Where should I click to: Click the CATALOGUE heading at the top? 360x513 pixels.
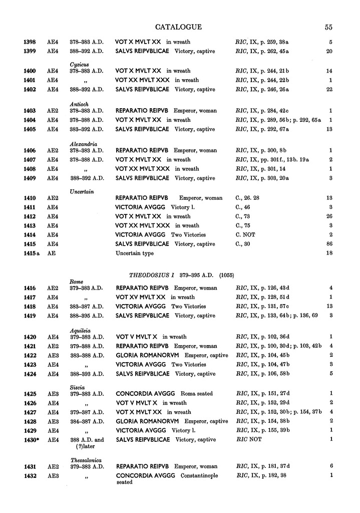(x=178, y=27)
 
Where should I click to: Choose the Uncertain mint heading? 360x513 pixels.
(x=82, y=191)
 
